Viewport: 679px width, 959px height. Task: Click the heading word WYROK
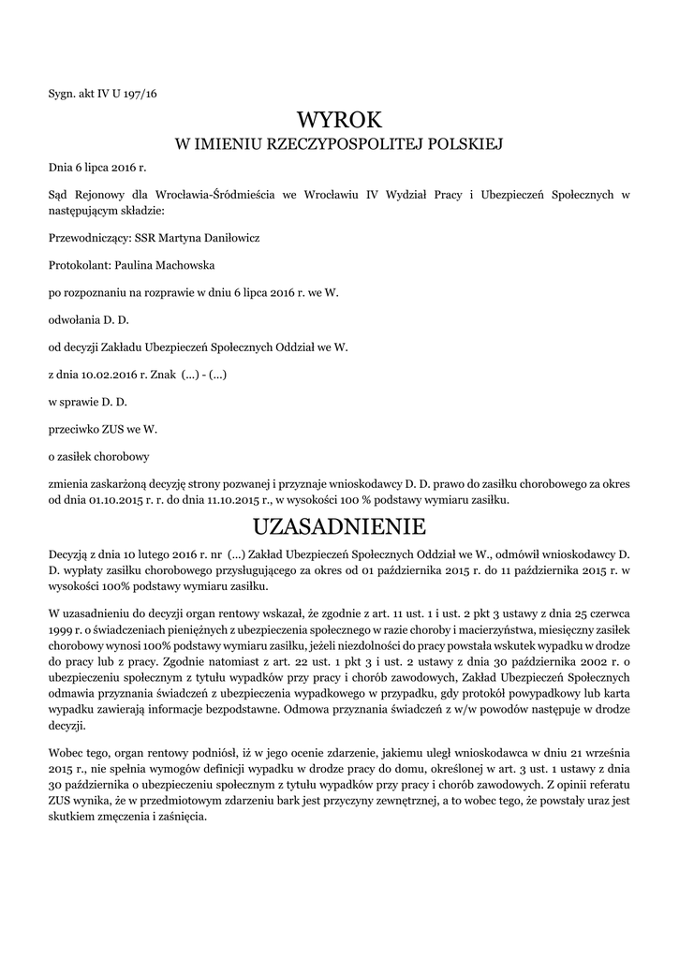tap(339, 120)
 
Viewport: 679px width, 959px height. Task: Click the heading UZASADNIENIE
tap(339, 524)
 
